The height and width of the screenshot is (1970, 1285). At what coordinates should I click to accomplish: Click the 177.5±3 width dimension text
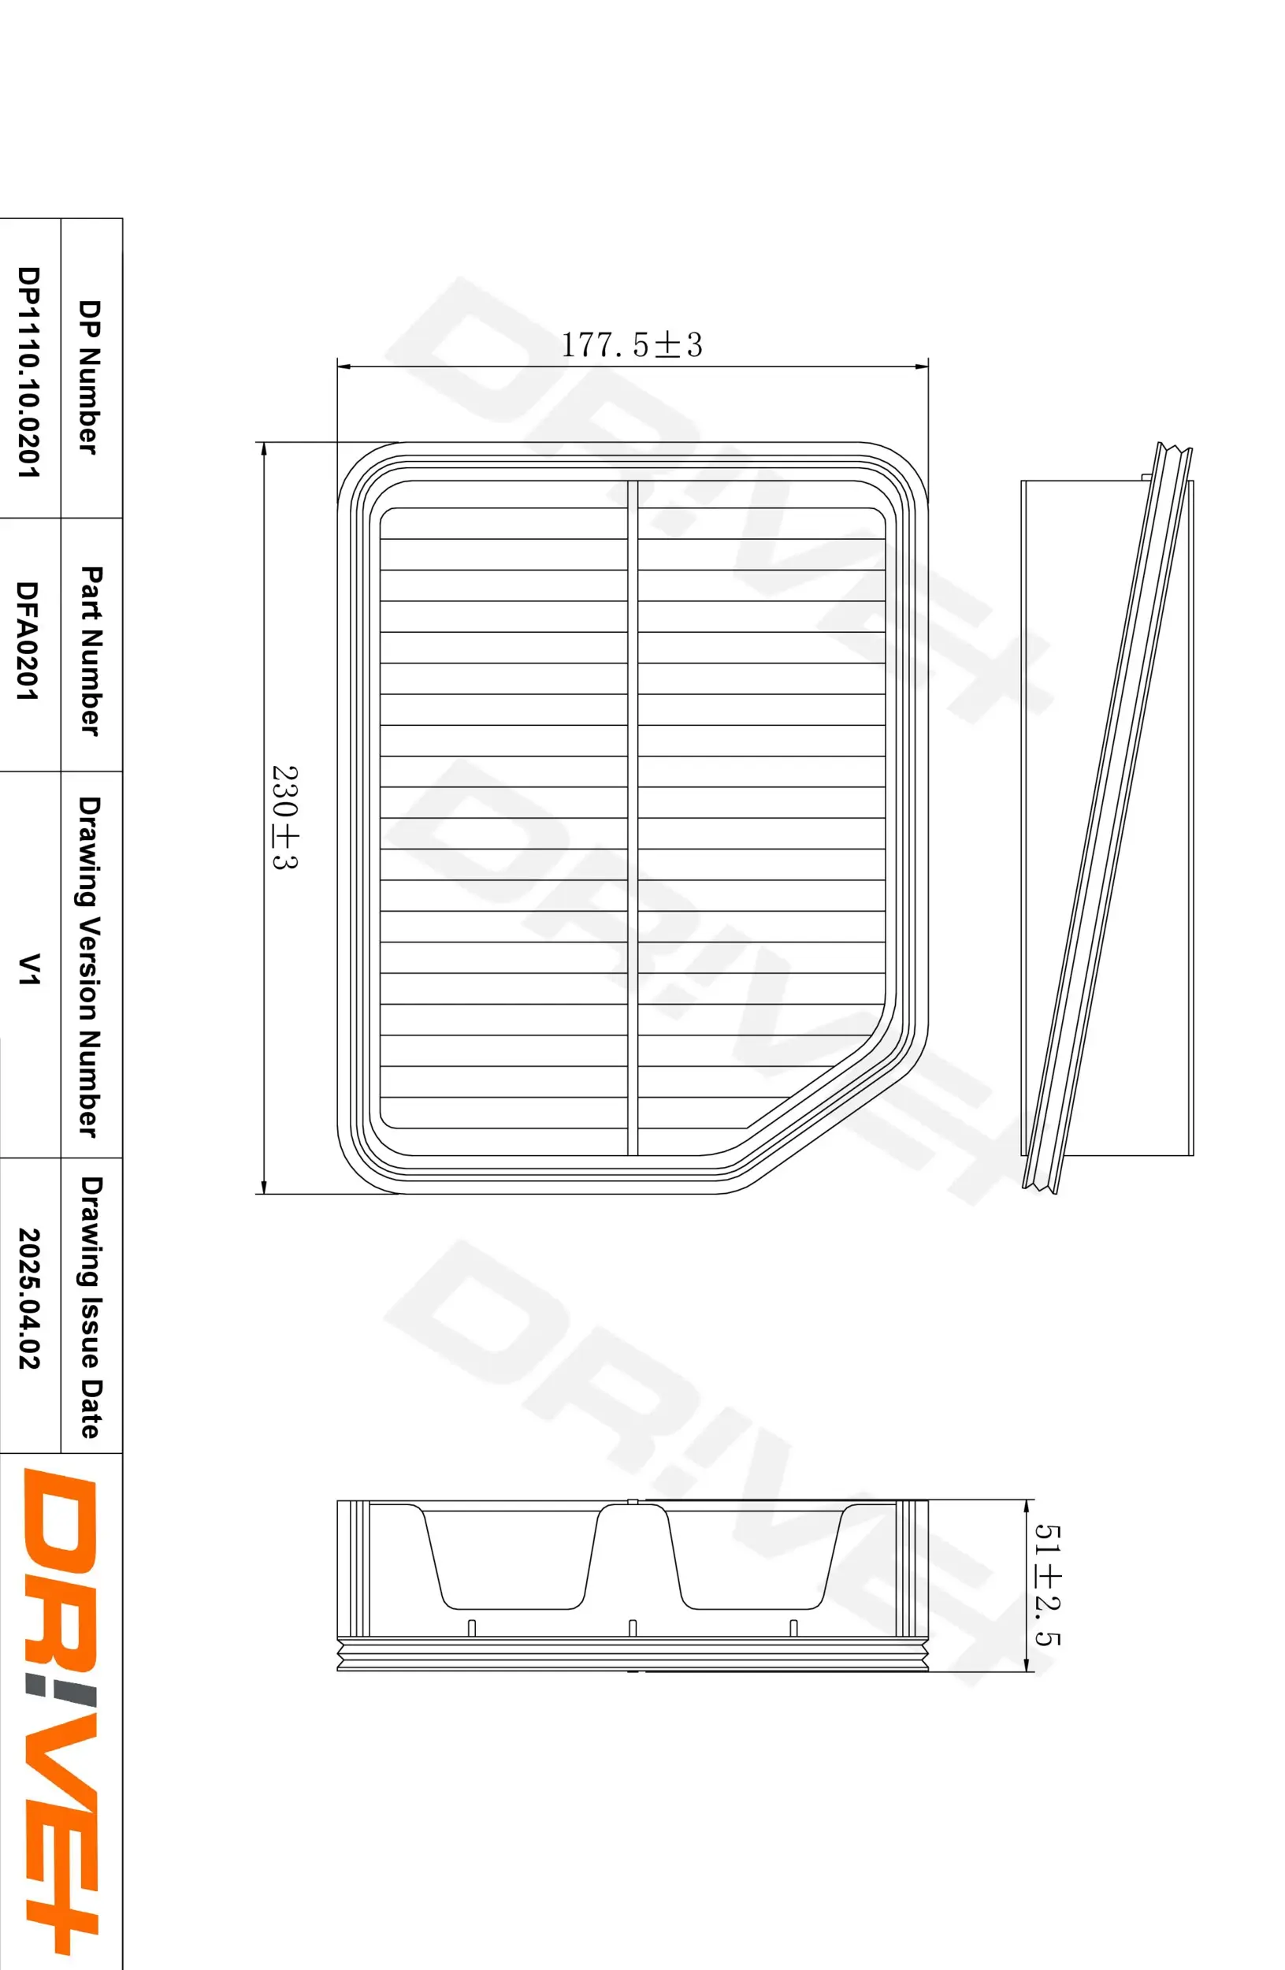(631, 344)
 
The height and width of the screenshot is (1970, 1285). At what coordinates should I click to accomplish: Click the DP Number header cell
(88, 377)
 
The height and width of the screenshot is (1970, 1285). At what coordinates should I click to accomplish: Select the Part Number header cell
(90, 651)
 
